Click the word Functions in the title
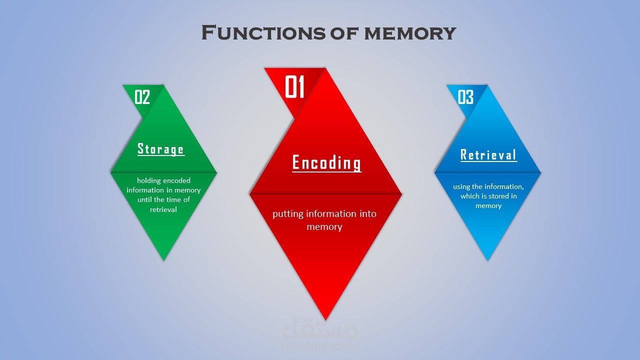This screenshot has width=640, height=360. click(263, 32)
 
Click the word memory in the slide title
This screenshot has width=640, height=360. click(410, 33)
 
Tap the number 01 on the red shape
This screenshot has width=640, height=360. click(294, 87)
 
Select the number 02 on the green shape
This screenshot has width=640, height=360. click(142, 97)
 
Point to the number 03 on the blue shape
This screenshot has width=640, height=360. click(465, 97)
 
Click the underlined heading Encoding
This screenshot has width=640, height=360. click(326, 163)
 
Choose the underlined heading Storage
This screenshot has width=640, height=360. click(161, 149)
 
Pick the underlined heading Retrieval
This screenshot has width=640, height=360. click(488, 155)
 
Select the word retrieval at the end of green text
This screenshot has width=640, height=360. click(163, 209)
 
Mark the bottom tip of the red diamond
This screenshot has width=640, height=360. click(325, 320)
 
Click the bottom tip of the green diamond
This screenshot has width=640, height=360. click(163, 260)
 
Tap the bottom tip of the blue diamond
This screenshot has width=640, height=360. click(487, 260)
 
